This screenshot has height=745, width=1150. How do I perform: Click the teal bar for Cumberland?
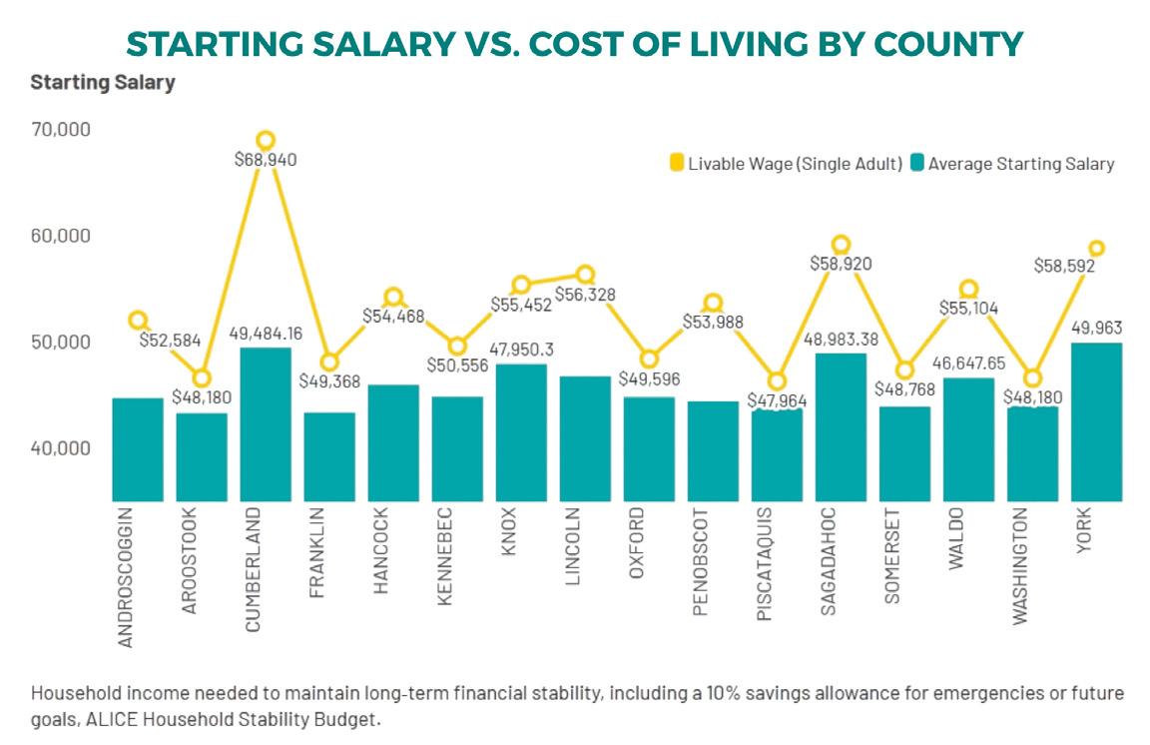click(266, 424)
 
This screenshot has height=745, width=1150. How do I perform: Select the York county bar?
click(1096, 421)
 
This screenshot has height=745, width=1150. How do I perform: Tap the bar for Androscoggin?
click(138, 449)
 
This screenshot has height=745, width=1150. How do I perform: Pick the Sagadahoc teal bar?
click(841, 426)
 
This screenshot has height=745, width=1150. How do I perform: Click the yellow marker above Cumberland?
click(266, 140)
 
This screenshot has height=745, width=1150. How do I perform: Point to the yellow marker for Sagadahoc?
click(841, 245)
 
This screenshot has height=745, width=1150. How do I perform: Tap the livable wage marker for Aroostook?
click(202, 377)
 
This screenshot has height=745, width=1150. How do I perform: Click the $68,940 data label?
click(266, 159)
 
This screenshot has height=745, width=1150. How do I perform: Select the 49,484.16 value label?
click(266, 332)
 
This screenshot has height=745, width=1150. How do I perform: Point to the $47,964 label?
click(778, 400)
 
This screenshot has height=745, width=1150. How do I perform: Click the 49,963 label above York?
click(1095, 327)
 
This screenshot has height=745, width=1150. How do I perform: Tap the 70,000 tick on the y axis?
click(61, 130)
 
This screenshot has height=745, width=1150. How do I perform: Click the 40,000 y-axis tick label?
click(61, 448)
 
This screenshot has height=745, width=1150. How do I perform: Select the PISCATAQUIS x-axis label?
click(765, 564)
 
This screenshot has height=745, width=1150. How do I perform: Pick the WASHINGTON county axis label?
click(1020, 566)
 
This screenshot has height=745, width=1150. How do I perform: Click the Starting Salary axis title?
click(103, 83)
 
